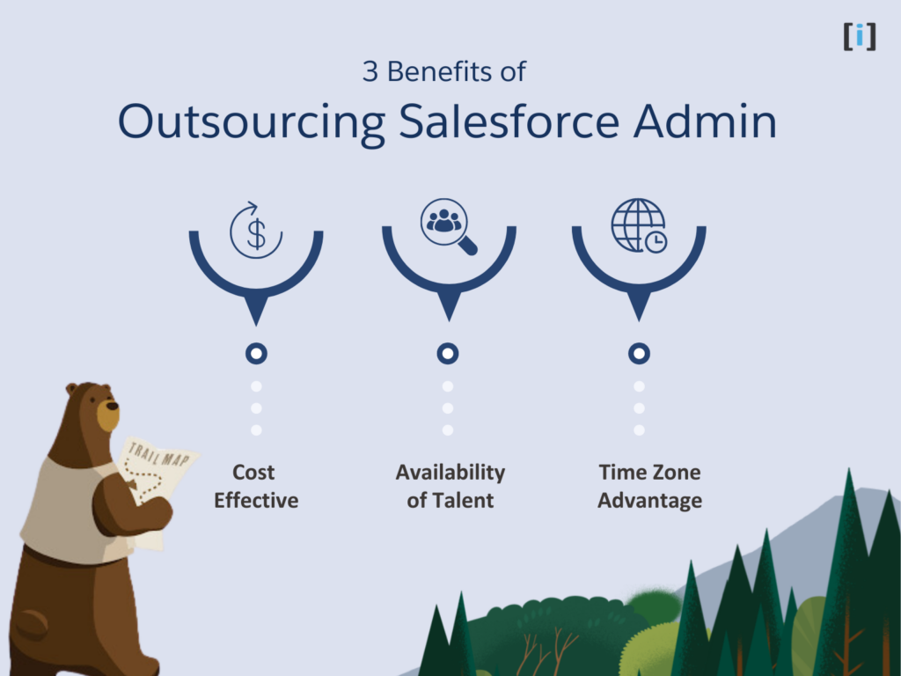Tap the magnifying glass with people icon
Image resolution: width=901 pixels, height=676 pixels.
click(x=448, y=225)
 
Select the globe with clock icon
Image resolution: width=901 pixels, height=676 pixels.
click(x=639, y=225)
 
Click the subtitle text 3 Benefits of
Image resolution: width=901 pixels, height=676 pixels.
click(x=443, y=71)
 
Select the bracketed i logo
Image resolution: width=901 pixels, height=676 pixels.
click(x=860, y=36)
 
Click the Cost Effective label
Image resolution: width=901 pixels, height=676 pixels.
click(x=256, y=486)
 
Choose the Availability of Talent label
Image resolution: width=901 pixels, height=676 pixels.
click(x=450, y=486)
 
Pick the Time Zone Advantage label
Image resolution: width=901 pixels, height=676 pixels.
click(x=649, y=486)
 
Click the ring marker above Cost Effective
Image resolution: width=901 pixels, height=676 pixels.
click(x=256, y=354)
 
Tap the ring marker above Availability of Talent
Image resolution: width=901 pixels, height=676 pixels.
click(x=448, y=354)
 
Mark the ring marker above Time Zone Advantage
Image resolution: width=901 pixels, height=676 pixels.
click(x=639, y=354)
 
